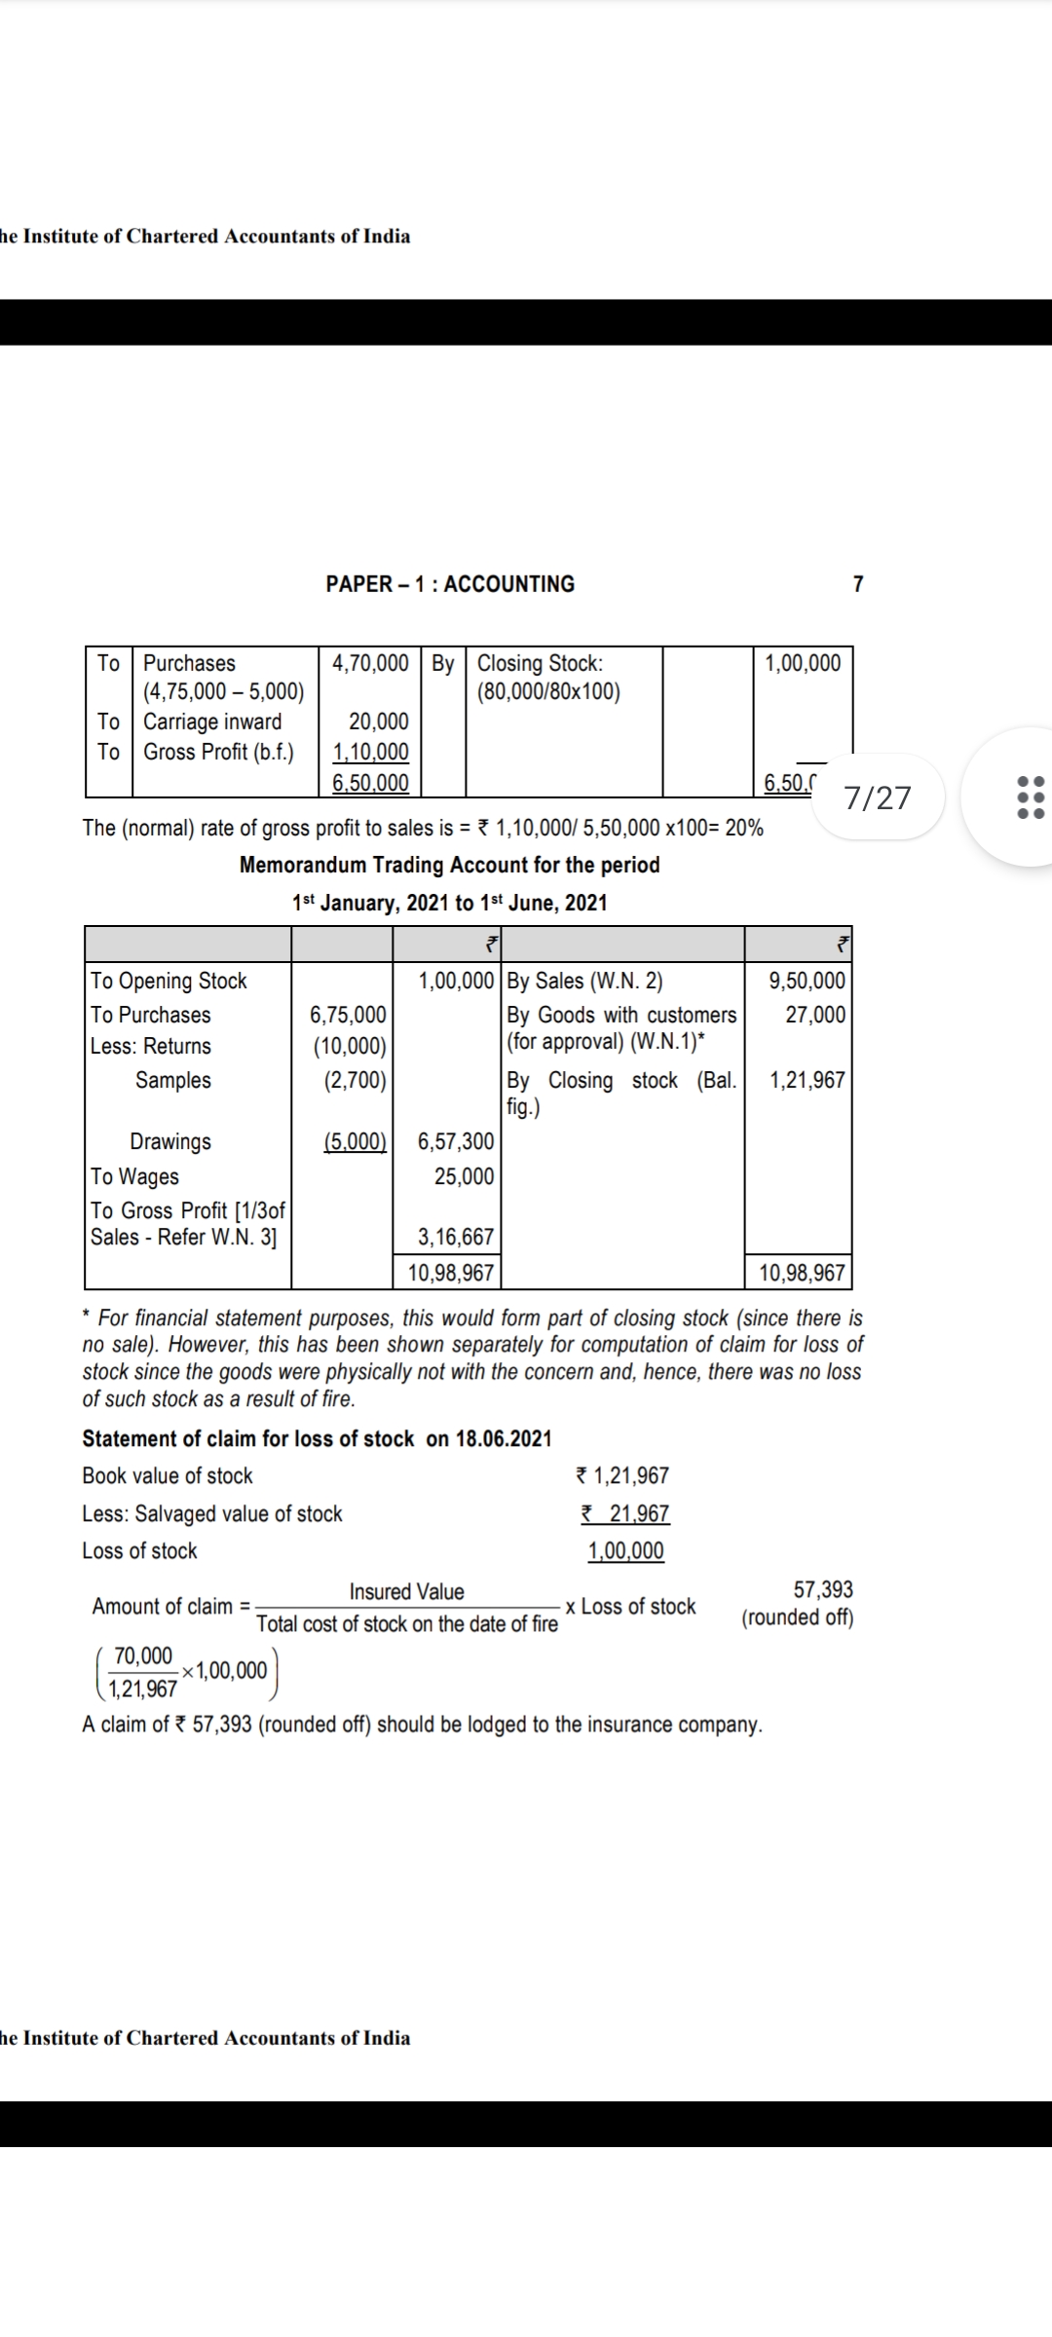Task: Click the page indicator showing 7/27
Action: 878,798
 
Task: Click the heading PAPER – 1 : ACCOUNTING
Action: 450,584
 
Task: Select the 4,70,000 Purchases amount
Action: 370,663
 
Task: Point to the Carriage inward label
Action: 212,722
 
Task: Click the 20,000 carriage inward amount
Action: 379,722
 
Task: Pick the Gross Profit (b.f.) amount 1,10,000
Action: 370,752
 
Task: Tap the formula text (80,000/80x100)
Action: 548,691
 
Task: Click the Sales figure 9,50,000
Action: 807,981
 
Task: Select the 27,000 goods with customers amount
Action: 815,1015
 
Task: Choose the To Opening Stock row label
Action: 169,981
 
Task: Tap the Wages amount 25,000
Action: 464,1176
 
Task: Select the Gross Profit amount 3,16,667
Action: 456,1237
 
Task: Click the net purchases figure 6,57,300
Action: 456,1141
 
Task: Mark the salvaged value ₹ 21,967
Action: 625,1513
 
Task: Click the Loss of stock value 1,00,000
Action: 625,1551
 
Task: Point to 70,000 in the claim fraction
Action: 143,1656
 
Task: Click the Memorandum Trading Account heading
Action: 449,865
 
